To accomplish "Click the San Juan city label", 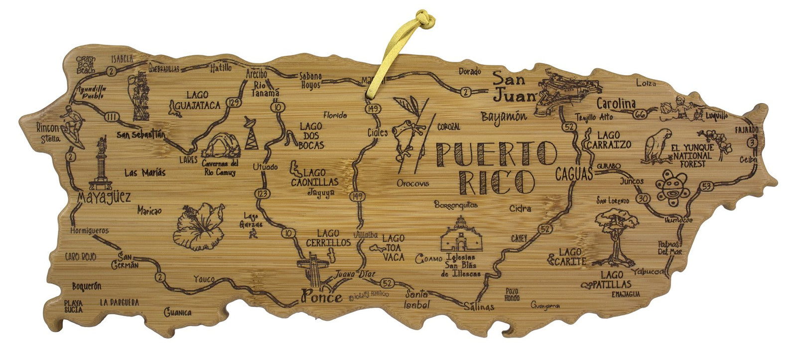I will (514, 87).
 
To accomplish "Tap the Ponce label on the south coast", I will (321, 297).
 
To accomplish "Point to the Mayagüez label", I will (104, 198).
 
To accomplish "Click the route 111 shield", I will (113, 118).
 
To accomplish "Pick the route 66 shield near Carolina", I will (640, 115).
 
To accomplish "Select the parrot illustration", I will (658, 145).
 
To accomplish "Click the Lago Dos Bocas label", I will (311, 136).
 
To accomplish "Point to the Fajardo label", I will (746, 130).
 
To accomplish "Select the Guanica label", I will (178, 313).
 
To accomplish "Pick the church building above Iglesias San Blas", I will (459, 236).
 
